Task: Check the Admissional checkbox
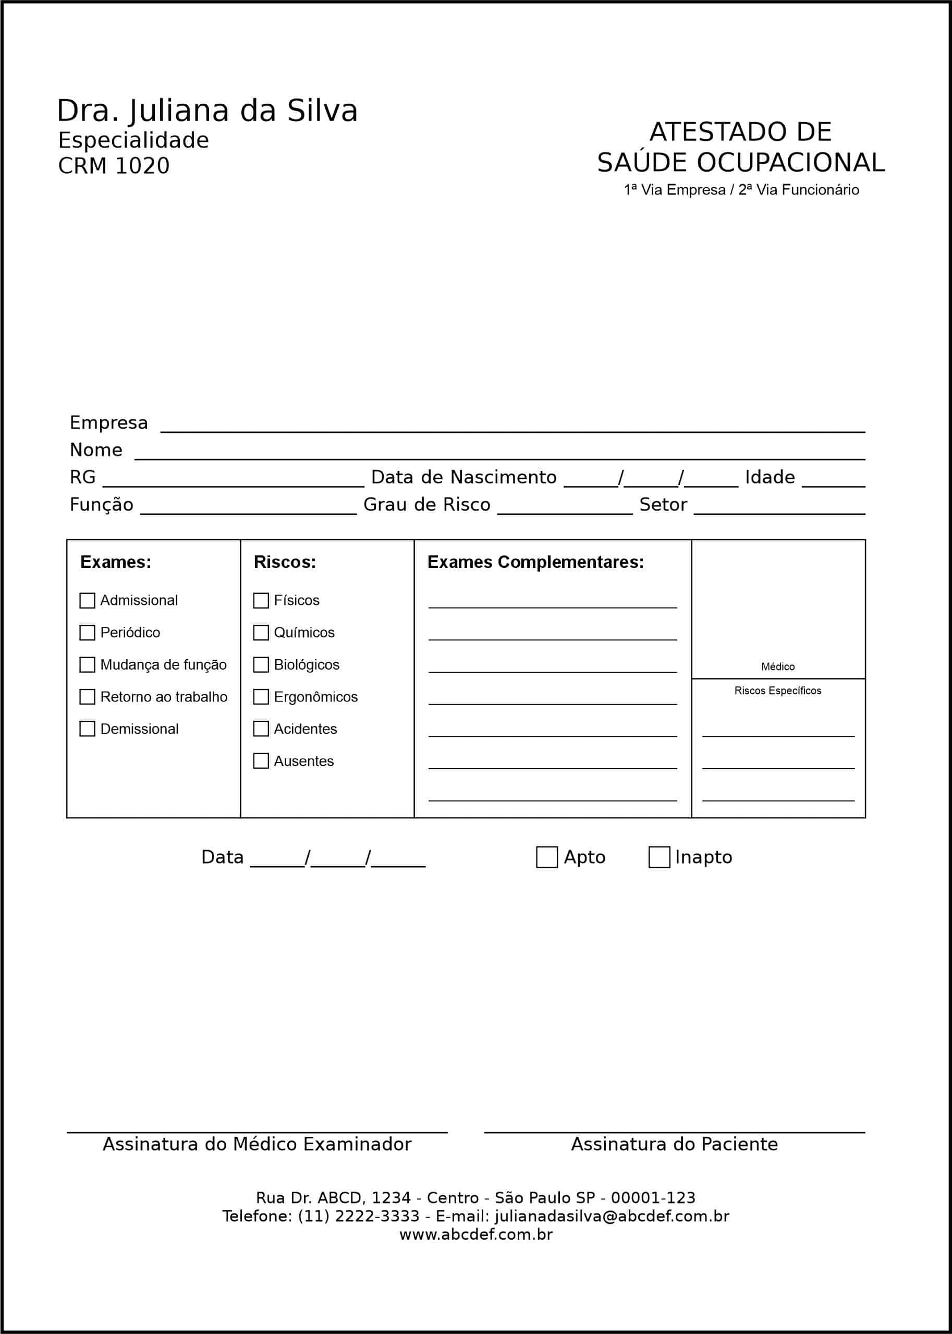[x=88, y=600]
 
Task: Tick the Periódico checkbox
[x=88, y=633]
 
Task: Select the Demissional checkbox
[x=88, y=729]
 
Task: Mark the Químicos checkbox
[x=261, y=633]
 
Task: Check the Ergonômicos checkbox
[x=261, y=697]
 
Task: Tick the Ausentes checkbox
[x=261, y=761]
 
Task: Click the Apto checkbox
[x=547, y=857]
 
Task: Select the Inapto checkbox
[x=659, y=857]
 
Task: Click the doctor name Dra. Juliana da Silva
[x=207, y=111]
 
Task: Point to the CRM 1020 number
[x=114, y=166]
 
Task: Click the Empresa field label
[x=108, y=423]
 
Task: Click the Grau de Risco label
[x=427, y=505]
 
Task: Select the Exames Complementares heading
[x=535, y=562]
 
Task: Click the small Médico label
[x=778, y=666]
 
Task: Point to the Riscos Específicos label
[x=778, y=691]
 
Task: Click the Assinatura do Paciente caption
[x=674, y=1144]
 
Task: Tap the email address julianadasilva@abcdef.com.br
[x=612, y=1216]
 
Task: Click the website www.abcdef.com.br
[x=476, y=1234]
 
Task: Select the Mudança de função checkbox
[x=88, y=665]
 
